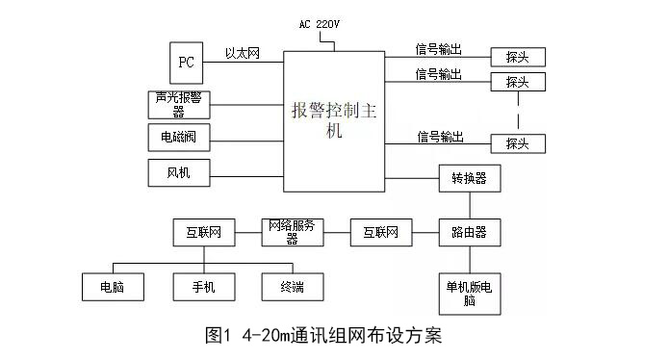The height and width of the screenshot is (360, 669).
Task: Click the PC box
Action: pyautogui.click(x=187, y=62)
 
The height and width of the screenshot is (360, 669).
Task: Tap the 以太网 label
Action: pyautogui.click(x=243, y=54)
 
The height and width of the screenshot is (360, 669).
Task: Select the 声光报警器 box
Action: pyautogui.click(x=179, y=103)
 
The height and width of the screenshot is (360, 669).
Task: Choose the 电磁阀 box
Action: pyautogui.click(x=179, y=138)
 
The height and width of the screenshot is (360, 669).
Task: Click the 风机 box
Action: pyautogui.click(x=179, y=172)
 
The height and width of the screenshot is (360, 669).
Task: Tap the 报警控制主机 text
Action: pyautogui.click(x=334, y=119)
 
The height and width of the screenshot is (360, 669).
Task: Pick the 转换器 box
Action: pyautogui.click(x=469, y=178)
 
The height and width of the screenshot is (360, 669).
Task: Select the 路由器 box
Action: pyautogui.click(x=469, y=232)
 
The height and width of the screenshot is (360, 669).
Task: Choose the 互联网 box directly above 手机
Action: pyautogui.click(x=203, y=232)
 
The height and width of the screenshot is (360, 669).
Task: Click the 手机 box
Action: pyautogui.click(x=203, y=286)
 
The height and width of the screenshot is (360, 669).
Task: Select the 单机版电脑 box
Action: pyautogui.click(x=469, y=295)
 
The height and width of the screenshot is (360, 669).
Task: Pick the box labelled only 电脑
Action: pyautogui.click(x=114, y=286)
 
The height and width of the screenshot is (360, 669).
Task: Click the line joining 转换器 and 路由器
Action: pyautogui.click(x=469, y=205)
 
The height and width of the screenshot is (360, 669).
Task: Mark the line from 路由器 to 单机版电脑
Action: pyautogui.click(x=469, y=260)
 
